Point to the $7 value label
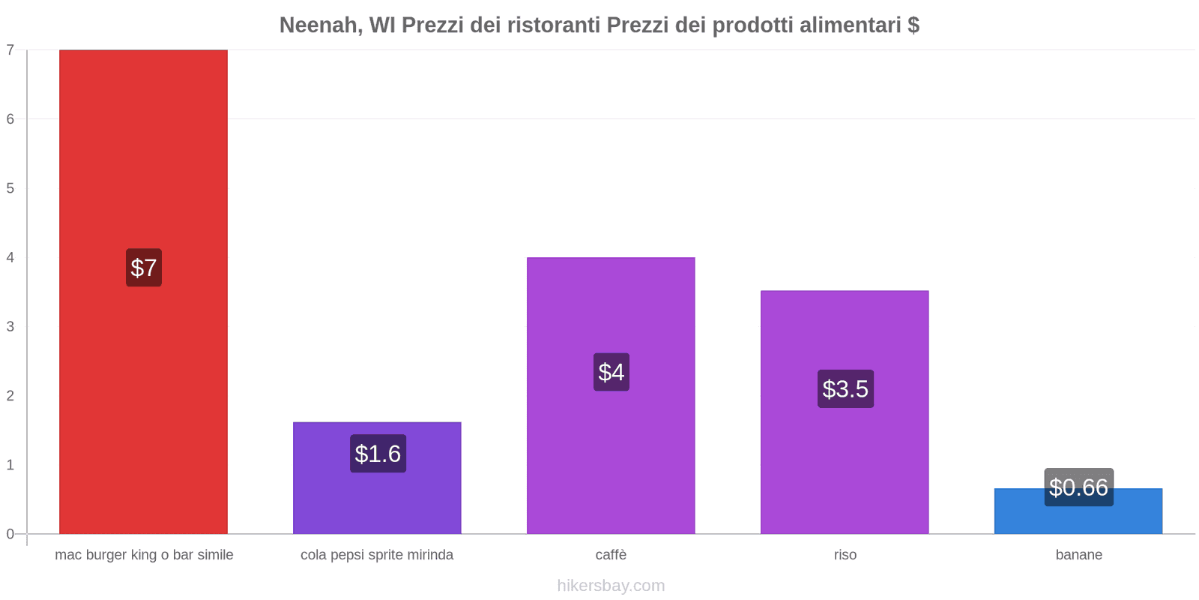click(144, 268)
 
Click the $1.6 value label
click(378, 454)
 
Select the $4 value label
click(611, 372)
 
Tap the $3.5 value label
click(845, 388)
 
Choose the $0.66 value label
click(1078, 487)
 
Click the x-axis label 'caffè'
click(611, 555)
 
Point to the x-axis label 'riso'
click(845, 555)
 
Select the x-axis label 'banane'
click(1078, 555)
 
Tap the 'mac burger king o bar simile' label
click(144, 555)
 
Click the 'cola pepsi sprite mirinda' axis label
click(377, 555)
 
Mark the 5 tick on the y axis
click(10, 188)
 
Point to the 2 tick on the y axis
click(10, 396)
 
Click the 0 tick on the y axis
click(10, 534)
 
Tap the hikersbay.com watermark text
click(611, 586)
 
